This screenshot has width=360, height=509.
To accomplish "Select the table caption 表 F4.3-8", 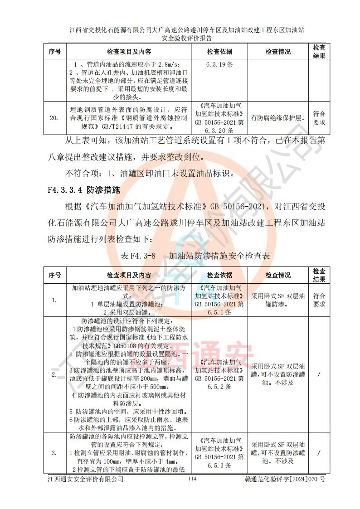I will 138,256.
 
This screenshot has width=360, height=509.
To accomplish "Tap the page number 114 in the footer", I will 192,479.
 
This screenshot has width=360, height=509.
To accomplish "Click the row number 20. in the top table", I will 54,118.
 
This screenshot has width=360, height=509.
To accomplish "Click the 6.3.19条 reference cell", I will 219,64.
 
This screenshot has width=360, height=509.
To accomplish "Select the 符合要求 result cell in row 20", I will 319,118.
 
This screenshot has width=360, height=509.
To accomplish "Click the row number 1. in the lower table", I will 54,300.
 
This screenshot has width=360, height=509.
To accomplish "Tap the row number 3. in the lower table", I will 54,453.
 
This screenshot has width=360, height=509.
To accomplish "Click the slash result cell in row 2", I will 319,374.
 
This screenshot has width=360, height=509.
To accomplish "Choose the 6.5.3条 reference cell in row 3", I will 219,453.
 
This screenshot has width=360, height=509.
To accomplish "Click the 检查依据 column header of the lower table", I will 219,275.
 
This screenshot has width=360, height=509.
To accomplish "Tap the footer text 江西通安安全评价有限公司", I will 86,479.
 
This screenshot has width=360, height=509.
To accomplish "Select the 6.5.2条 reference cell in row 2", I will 219,374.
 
